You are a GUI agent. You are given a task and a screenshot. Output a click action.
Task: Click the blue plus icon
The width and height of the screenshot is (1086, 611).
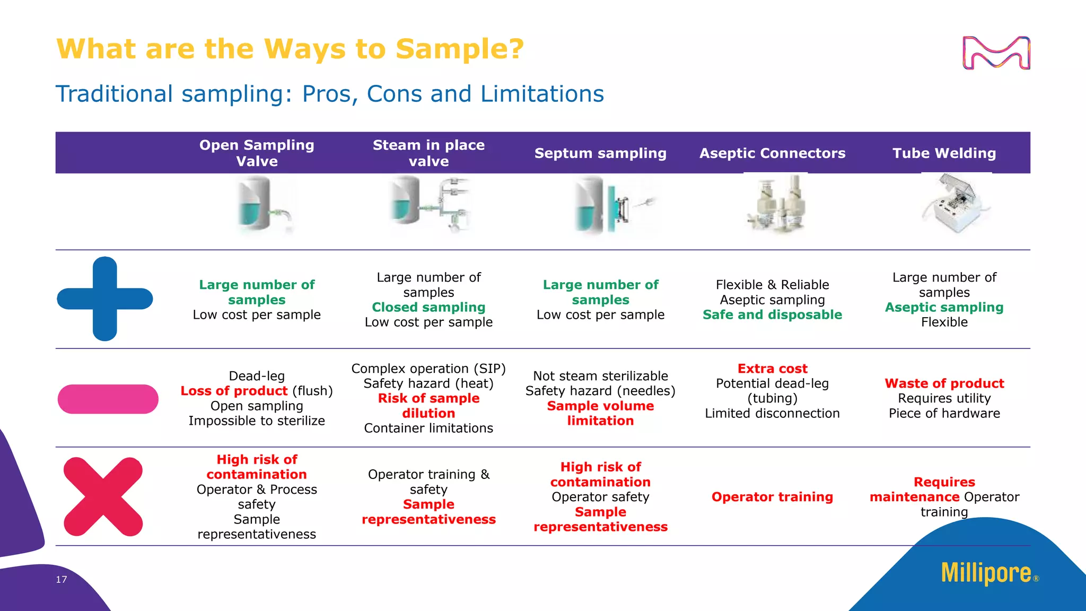[x=105, y=299]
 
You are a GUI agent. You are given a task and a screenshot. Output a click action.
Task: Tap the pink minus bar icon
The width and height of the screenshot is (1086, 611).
[x=108, y=399]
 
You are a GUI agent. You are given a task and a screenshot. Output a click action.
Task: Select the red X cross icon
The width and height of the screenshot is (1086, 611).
[x=103, y=496]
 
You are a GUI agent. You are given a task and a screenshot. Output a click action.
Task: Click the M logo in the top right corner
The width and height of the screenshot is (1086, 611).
[x=996, y=53]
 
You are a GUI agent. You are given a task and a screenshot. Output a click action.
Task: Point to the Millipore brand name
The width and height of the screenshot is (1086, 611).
[x=986, y=573]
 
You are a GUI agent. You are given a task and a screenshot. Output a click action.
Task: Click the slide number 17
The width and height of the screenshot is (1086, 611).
[x=62, y=579]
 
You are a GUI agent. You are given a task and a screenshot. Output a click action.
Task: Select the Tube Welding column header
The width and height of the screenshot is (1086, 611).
[x=944, y=153]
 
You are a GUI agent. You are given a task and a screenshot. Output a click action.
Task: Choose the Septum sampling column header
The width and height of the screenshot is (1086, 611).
[x=600, y=153]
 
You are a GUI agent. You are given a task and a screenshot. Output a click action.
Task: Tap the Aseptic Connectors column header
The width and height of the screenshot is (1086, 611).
[x=772, y=153]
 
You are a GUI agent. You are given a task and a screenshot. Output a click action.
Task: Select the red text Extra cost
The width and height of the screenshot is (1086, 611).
[x=772, y=369]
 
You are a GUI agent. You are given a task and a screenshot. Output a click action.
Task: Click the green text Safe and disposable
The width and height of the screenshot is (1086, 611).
[x=772, y=315]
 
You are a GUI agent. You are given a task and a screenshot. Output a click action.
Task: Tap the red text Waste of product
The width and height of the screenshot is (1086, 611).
[x=944, y=383]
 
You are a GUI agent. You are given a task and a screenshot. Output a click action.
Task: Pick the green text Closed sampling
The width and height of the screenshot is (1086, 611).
[x=428, y=307]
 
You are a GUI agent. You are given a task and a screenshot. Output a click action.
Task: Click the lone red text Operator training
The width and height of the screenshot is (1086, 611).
[x=772, y=497]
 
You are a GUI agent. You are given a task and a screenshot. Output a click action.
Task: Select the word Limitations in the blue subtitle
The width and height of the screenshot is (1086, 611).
[x=542, y=94]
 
